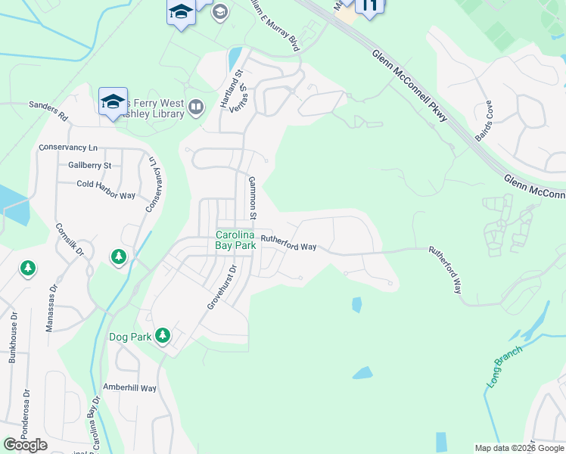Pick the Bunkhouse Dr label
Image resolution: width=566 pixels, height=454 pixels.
point(13,337)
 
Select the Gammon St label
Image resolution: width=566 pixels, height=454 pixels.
point(254,194)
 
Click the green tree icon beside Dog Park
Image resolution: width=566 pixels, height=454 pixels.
point(163,334)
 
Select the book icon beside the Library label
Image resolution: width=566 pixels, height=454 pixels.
point(196,107)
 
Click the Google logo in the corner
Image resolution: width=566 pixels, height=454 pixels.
point(25,445)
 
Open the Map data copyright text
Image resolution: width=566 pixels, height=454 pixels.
point(518,448)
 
